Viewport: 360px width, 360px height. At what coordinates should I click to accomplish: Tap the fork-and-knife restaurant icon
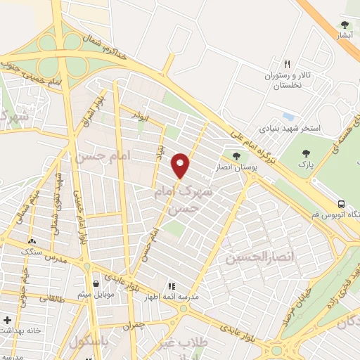[286, 63]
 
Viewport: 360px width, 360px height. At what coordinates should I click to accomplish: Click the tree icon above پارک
[307, 154]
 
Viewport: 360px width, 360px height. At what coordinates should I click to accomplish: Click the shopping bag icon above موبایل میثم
[95, 283]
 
